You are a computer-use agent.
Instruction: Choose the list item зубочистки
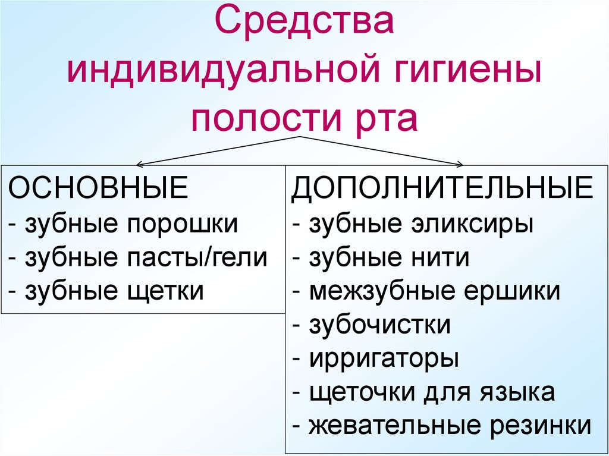click(x=379, y=325)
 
